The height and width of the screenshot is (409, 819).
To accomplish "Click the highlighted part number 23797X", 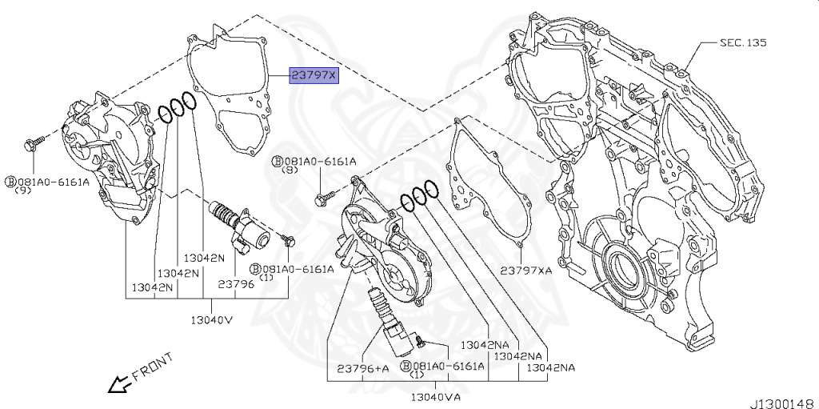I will tap(315, 75).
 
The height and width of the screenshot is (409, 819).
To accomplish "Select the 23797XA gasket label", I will tap(526, 271).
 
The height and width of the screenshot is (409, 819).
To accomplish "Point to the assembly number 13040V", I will tap(211, 319).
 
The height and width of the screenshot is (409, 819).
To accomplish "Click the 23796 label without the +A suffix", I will tap(236, 283).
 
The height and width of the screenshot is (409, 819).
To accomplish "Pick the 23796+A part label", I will tap(362, 367).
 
